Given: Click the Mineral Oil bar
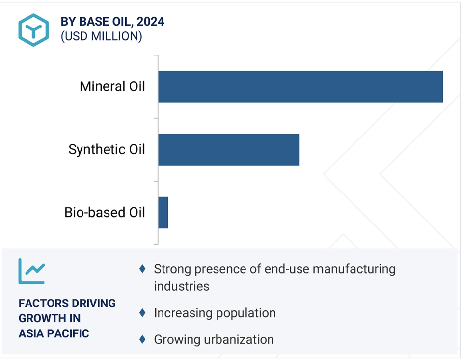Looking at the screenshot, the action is pyautogui.click(x=300, y=86).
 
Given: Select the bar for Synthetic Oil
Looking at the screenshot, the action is pyautogui.click(x=228, y=150).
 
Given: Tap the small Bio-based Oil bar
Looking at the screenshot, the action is pyautogui.click(x=163, y=213).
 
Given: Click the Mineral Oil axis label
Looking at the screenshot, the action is pyautogui.click(x=112, y=86).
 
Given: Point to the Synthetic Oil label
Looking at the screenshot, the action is pyautogui.click(x=107, y=149).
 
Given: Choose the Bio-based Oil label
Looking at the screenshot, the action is pyautogui.click(x=105, y=212).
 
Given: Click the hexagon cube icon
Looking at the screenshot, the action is pyautogui.click(x=33, y=30).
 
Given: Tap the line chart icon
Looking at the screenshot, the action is pyautogui.click(x=31, y=272).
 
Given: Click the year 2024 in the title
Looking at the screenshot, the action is pyautogui.click(x=150, y=22).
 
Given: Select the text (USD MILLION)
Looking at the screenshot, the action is pyautogui.click(x=101, y=36).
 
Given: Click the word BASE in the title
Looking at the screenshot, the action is pyautogui.click(x=94, y=22).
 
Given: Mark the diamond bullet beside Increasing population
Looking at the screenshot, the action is pyautogui.click(x=142, y=313).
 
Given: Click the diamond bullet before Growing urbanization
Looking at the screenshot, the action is pyautogui.click(x=142, y=339).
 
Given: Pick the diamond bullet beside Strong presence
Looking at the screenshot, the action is pyautogui.click(x=142, y=269).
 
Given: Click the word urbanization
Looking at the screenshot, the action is pyautogui.click(x=239, y=340).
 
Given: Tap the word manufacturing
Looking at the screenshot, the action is pyautogui.click(x=354, y=269).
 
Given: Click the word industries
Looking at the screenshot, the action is pyautogui.click(x=181, y=286).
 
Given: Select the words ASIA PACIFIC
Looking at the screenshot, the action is pyautogui.click(x=54, y=333).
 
